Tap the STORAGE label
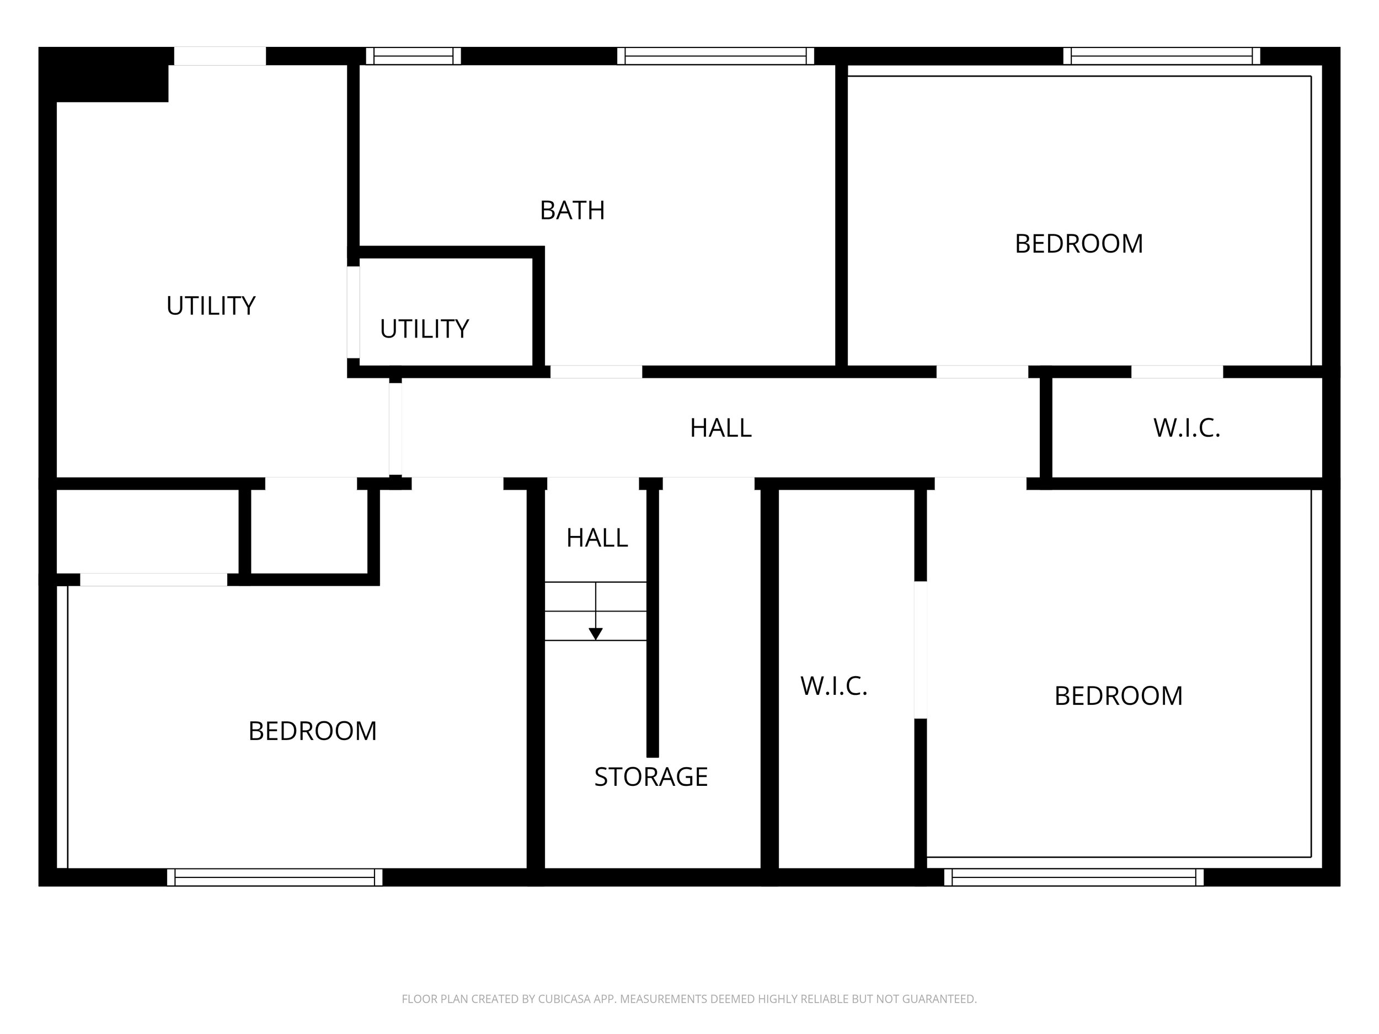click(651, 777)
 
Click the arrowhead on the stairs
click(595, 634)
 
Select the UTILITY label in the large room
click(211, 306)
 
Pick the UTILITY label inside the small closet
click(424, 329)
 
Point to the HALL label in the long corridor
click(721, 428)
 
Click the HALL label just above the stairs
click(597, 538)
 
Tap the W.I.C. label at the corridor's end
click(1186, 428)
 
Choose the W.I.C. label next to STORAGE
click(833, 686)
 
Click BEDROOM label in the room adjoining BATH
click(1079, 244)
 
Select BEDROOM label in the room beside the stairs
click(312, 731)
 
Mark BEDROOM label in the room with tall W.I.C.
click(1119, 696)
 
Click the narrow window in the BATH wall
click(413, 56)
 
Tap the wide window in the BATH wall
click(715, 56)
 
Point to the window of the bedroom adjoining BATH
click(1162, 56)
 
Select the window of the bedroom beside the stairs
click(275, 877)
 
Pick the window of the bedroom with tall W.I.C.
click(1074, 877)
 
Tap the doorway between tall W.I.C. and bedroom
click(920, 650)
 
